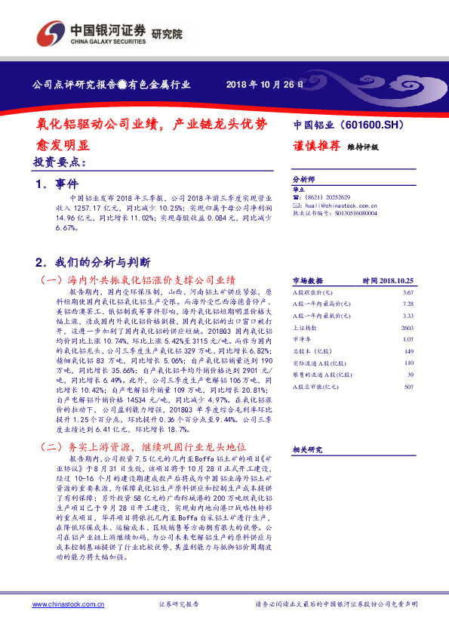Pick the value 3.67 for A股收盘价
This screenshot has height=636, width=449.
click(x=408, y=292)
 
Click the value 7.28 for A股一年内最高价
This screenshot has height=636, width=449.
click(x=408, y=303)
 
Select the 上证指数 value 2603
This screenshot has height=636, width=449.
click(x=407, y=327)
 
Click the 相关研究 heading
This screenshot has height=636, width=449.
click(x=307, y=449)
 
